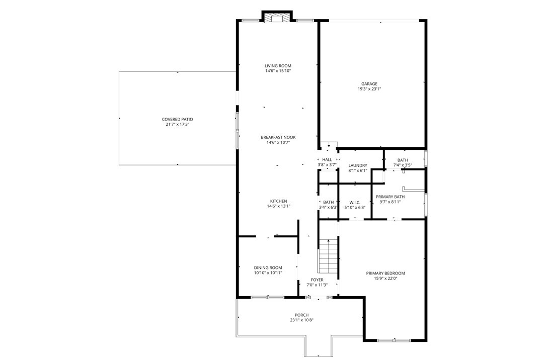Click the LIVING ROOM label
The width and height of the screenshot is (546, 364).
(x=278, y=66)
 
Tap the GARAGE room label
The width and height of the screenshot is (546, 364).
(x=369, y=84)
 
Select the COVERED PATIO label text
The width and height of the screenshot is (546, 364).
(x=177, y=119)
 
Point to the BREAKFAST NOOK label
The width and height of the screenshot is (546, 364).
(x=278, y=137)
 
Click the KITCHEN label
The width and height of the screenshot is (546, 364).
(x=279, y=201)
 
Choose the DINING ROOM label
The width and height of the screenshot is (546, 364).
(x=268, y=267)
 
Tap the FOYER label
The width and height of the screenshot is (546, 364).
(x=317, y=280)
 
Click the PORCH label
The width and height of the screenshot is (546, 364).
(x=301, y=315)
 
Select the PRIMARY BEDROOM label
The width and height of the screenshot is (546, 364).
(x=385, y=273)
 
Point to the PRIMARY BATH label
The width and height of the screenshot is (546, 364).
(x=390, y=197)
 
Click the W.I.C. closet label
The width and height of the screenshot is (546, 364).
(x=355, y=203)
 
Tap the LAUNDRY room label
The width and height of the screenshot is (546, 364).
(x=358, y=165)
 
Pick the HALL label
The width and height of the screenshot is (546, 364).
(x=327, y=160)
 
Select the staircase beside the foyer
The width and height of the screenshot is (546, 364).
(x=328, y=256)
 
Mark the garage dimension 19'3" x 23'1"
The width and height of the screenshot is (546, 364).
(x=369, y=89)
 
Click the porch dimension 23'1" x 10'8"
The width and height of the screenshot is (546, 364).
(x=301, y=320)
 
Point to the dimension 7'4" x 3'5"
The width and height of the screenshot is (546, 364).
(x=403, y=165)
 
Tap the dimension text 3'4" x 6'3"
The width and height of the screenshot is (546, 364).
(x=329, y=208)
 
